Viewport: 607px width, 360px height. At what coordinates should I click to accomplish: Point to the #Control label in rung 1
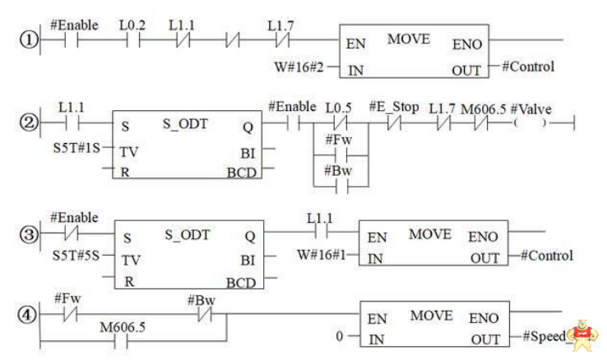pos(528,67)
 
